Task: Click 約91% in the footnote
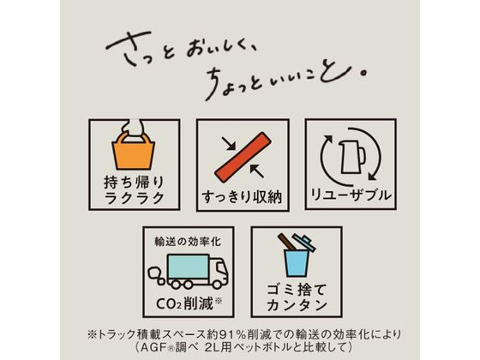click(258, 332)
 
